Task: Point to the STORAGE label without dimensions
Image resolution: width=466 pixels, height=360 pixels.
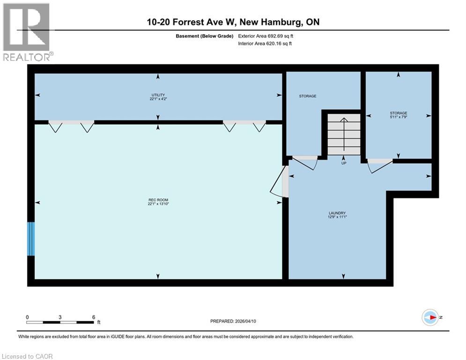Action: pyautogui.click(x=308, y=96)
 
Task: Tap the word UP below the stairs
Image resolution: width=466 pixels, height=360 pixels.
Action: pyautogui.click(x=343, y=163)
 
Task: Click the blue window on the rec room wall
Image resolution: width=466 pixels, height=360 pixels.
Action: pyautogui.click(x=31, y=239)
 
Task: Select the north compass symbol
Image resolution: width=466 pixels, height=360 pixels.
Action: pyautogui.click(x=430, y=317)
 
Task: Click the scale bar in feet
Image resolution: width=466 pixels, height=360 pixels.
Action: pyautogui.click(x=60, y=322)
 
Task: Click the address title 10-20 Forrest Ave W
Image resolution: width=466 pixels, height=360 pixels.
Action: pyautogui.click(x=233, y=22)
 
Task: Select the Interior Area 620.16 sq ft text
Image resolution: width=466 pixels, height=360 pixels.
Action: pyautogui.click(x=265, y=44)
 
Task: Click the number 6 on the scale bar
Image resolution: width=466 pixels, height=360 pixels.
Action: pyautogui.click(x=93, y=317)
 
